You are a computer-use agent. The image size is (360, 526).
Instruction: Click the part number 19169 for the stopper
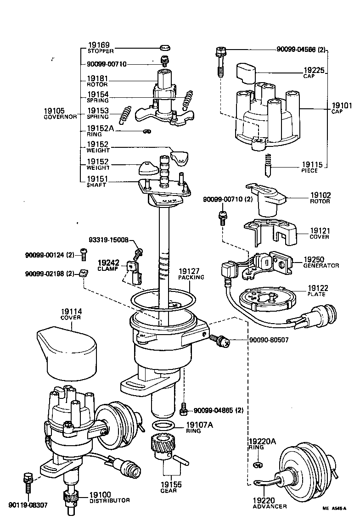(x=98, y=45)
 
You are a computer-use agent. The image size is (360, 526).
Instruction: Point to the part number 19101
(x=342, y=106)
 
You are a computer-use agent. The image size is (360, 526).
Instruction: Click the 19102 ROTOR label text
(x=321, y=198)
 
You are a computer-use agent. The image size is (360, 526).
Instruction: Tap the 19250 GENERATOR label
(x=321, y=262)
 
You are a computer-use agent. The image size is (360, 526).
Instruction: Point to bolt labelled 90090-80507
(x=219, y=341)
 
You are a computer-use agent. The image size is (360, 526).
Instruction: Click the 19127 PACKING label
(x=191, y=274)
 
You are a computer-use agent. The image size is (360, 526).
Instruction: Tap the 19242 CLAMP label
(x=108, y=265)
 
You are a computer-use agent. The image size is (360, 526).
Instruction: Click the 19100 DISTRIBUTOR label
(x=109, y=497)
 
